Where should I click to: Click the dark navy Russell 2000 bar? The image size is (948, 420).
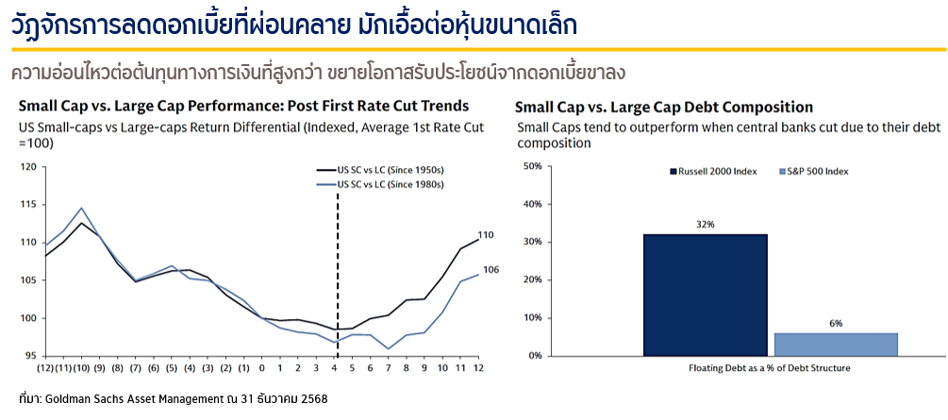click(706, 294)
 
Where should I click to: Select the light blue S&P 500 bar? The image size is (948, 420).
click(836, 344)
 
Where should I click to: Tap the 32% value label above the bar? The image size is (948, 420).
click(706, 226)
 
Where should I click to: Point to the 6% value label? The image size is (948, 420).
click(836, 324)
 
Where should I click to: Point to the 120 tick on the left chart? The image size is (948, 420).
click(27, 167)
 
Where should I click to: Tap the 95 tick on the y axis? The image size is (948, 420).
click(30, 356)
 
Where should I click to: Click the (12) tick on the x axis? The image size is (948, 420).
click(44, 368)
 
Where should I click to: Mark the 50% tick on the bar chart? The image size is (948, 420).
click(531, 166)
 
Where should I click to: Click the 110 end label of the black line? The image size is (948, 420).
click(486, 235)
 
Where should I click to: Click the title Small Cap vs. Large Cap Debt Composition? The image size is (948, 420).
click(663, 107)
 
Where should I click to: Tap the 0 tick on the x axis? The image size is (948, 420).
click(262, 368)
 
